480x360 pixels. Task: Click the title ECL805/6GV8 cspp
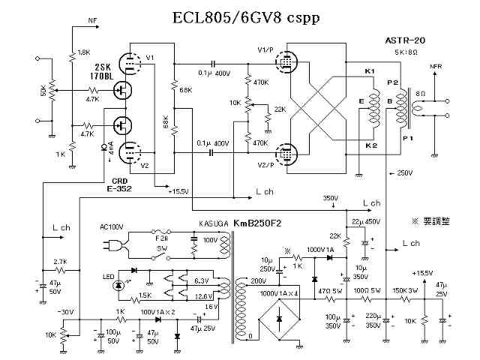pos(241,17)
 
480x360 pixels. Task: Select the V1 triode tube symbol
pos(132,64)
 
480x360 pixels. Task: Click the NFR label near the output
pos(436,67)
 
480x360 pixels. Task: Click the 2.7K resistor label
pos(61,262)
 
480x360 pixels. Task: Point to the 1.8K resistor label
pos(84,52)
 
